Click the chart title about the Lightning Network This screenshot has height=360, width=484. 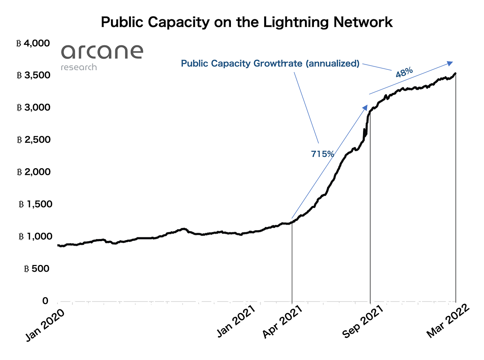[246, 22]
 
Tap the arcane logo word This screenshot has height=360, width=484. [102, 52]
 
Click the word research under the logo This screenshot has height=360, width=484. [78, 67]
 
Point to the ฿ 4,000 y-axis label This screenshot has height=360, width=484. [33, 43]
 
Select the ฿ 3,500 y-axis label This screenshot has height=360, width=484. [33, 75]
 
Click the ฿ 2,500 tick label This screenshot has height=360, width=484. [33, 140]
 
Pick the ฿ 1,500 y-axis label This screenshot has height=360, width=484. [35, 204]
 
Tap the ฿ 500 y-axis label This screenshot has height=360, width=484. [37, 268]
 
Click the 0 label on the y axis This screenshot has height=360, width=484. [45, 301]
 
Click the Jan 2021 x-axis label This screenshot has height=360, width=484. [236, 321]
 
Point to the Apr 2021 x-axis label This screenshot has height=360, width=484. [282, 322]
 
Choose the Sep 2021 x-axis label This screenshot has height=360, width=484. [363, 322]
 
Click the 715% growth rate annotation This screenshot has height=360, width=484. [323, 154]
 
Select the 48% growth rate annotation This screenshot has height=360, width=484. [404, 73]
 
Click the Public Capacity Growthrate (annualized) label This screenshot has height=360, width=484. [270, 64]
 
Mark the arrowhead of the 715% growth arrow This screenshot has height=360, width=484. [365, 107]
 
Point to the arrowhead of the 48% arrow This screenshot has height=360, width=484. [450, 63]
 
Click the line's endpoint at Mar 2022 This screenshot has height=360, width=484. [456, 73]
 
